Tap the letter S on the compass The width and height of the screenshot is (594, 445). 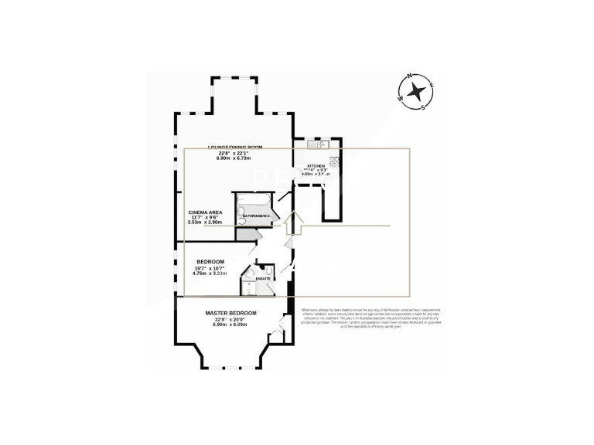423,107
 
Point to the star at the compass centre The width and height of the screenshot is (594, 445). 416,92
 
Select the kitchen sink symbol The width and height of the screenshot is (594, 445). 318,144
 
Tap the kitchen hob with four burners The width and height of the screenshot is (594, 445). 334,162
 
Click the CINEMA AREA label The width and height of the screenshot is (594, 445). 207,211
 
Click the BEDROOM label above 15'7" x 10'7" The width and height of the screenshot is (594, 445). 210,262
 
